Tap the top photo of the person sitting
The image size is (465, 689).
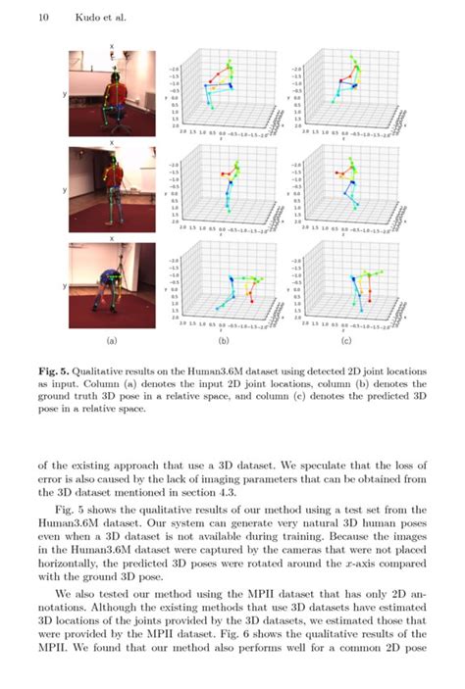coord(111,93)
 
